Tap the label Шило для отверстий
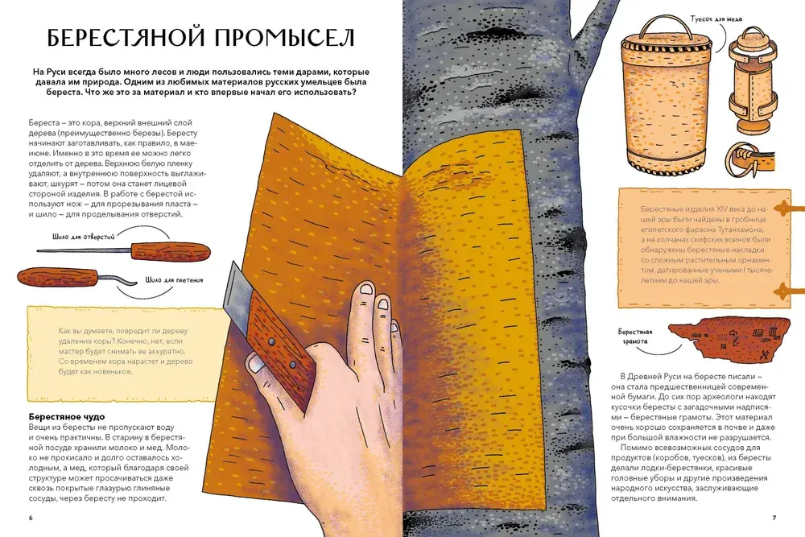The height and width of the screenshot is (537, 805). pos(83,237)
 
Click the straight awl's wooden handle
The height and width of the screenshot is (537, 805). pos(171,251)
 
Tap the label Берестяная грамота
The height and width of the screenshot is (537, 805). pos(635,337)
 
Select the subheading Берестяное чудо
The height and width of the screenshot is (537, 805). pos(67,417)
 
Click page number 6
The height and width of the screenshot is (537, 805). pos(31,518)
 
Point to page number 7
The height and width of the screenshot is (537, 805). pos(774,518)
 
